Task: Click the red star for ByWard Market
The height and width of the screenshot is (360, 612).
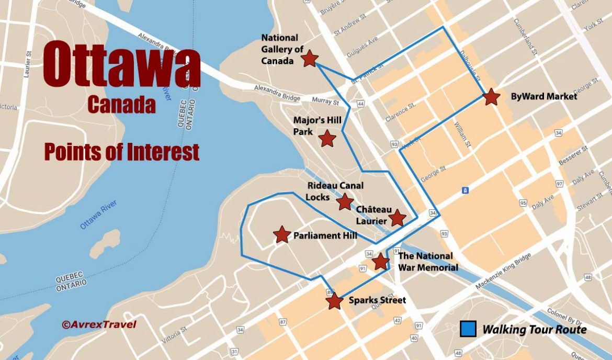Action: click(x=491, y=97)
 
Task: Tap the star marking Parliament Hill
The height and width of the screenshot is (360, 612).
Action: click(x=282, y=234)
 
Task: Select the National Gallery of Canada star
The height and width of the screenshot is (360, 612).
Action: click(x=310, y=59)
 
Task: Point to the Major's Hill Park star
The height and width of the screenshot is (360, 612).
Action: click(x=327, y=139)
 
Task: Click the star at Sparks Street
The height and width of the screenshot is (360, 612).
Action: click(x=334, y=301)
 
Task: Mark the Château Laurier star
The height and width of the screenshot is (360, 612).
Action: click(x=397, y=218)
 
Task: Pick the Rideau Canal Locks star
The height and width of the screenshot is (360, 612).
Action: click(x=345, y=201)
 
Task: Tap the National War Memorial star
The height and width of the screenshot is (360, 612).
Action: click(x=380, y=261)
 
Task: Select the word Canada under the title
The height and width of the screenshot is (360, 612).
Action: click(x=121, y=105)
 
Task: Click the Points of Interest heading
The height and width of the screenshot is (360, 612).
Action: click(x=121, y=152)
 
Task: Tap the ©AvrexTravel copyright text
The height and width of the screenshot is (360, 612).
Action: click(x=99, y=324)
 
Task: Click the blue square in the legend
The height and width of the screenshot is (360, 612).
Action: click(x=468, y=329)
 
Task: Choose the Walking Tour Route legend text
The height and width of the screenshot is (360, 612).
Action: click(x=534, y=330)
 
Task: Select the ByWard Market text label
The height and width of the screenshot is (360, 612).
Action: click(x=544, y=96)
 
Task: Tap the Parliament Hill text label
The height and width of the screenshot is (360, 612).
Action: click(x=325, y=235)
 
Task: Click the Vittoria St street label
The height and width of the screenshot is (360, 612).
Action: click(x=175, y=335)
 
